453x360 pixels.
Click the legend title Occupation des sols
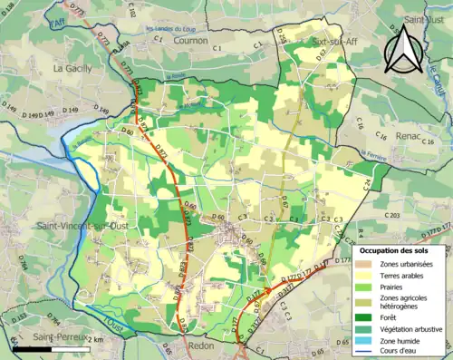[x=396, y=249]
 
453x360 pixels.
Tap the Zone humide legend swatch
[x=368, y=340]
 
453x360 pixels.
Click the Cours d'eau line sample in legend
[x=368, y=352]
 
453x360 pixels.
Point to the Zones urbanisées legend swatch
[x=368, y=263]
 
